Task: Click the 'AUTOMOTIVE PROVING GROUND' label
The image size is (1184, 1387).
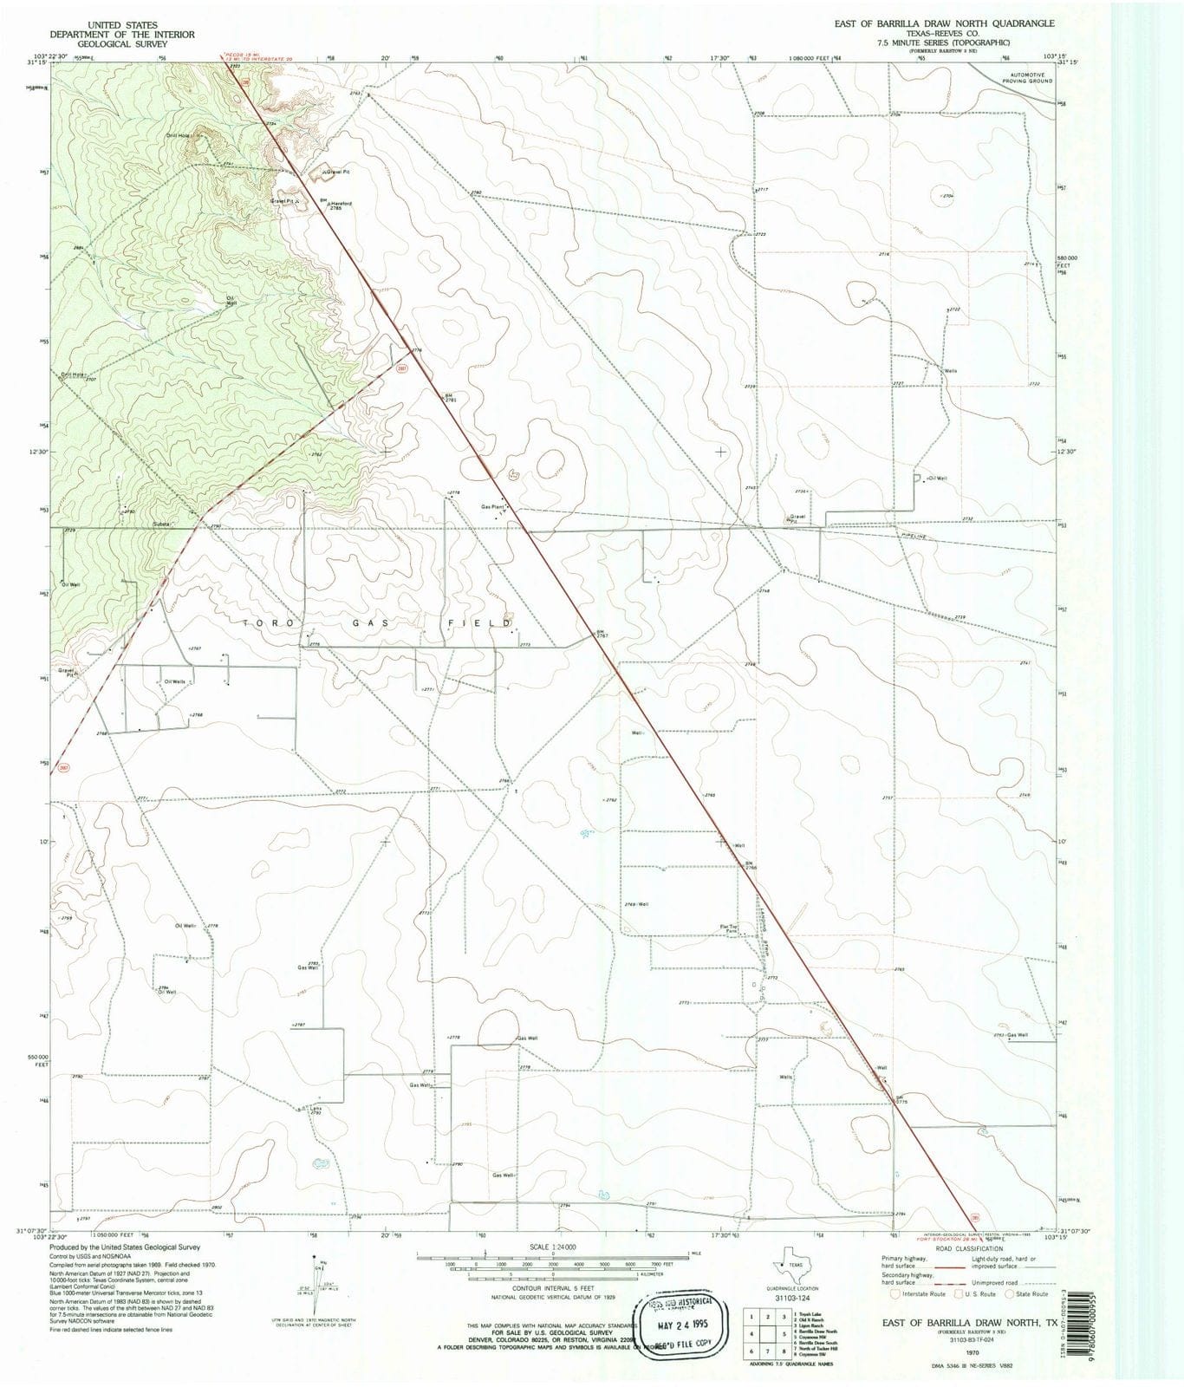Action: click(x=1027, y=77)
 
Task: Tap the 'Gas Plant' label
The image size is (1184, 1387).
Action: click(x=492, y=507)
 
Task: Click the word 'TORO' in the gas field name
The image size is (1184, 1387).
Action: click(x=259, y=623)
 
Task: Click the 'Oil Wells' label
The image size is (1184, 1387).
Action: click(x=175, y=681)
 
